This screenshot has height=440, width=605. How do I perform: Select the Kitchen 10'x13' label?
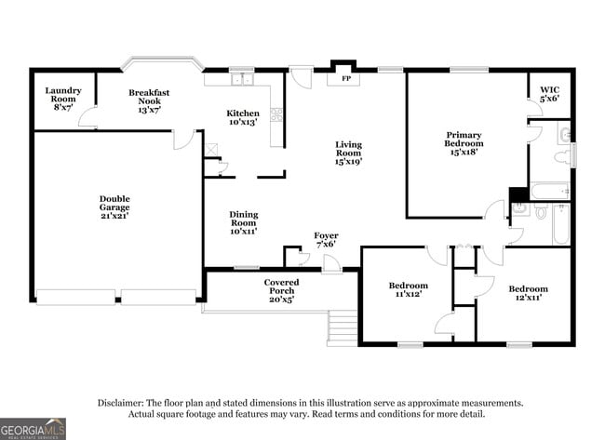(x=243, y=118)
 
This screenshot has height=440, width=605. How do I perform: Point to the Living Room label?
(x=348, y=153)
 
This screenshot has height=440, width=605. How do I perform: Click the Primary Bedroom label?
(x=463, y=143)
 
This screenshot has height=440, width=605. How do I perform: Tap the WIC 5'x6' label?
(x=549, y=94)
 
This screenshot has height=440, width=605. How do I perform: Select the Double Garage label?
(x=114, y=207)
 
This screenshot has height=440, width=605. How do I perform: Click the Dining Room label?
(x=243, y=222)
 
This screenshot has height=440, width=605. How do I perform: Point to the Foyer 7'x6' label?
(x=325, y=240)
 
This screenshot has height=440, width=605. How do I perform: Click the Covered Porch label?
(x=280, y=290)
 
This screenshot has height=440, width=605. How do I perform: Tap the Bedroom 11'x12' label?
(x=408, y=290)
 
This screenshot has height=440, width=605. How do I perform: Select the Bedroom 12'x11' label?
(x=528, y=294)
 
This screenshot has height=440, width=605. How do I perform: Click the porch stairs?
(x=343, y=327)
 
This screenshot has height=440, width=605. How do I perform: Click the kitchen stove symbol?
(x=276, y=115)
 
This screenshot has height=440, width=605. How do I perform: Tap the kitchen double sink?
(x=243, y=80)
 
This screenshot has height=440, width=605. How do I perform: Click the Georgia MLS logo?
(x=34, y=428)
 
